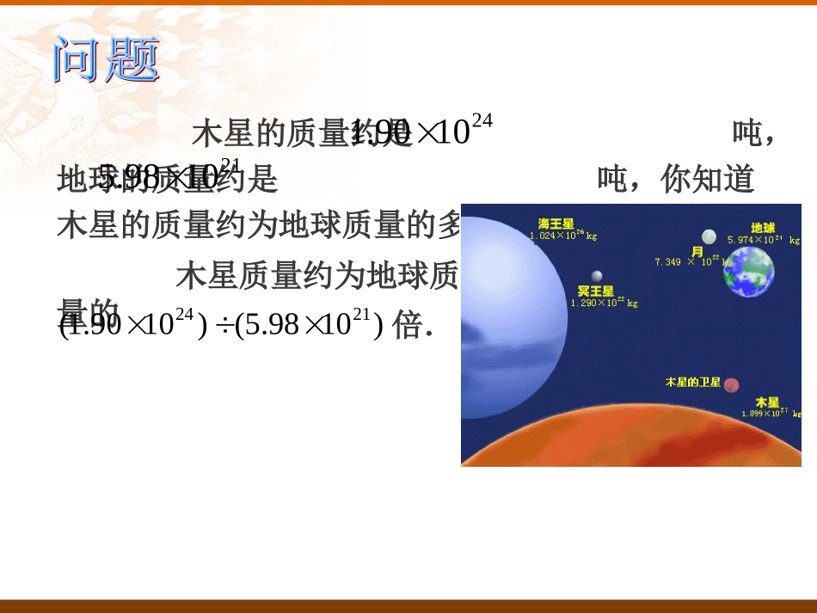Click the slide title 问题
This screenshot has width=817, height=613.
tap(107, 60)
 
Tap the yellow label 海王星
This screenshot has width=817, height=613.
tap(556, 224)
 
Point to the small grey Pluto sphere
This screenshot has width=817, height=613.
tap(596, 275)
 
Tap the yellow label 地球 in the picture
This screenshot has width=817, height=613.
tap(764, 228)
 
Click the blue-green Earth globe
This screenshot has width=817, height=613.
tap(748, 271)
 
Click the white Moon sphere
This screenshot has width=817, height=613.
tap(709, 236)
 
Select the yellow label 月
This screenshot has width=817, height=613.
tap(697, 250)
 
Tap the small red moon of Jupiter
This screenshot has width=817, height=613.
tap(732, 385)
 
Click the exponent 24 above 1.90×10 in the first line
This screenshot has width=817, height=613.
tap(482, 121)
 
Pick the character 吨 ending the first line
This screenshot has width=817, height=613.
tap(746, 133)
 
